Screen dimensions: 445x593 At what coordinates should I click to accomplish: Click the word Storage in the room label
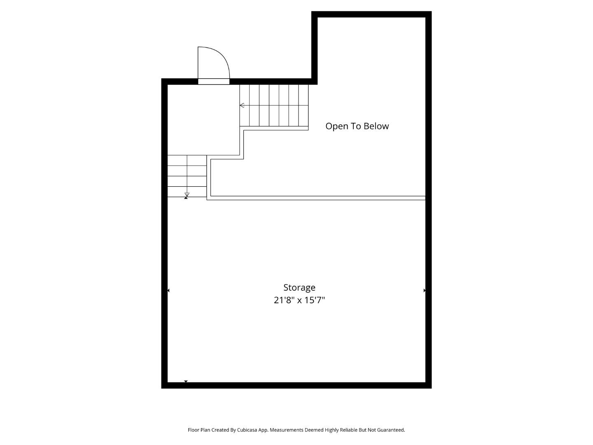click(x=299, y=288)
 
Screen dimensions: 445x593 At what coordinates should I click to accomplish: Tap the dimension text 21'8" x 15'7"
click(x=299, y=300)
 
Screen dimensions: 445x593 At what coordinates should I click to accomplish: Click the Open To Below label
click(x=357, y=126)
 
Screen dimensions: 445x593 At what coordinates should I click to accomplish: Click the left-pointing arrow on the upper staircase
click(x=242, y=105)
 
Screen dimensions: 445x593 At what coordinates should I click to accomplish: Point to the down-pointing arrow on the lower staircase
click(x=187, y=194)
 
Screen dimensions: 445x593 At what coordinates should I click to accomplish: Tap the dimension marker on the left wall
click(x=168, y=290)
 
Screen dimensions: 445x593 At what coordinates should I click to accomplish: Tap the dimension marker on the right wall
click(x=425, y=290)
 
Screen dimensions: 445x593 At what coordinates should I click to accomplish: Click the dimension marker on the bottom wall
click(x=186, y=382)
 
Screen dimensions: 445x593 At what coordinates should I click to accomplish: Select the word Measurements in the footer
click(x=286, y=430)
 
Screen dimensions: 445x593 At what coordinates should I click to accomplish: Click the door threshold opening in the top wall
click(x=214, y=81)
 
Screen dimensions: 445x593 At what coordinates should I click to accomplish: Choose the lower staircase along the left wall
click(x=187, y=176)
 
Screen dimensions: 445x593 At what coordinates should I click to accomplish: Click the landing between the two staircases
click(x=203, y=119)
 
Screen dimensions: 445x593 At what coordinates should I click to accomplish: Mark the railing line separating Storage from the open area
click(x=317, y=198)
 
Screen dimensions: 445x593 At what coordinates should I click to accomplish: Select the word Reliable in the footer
click(x=348, y=430)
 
